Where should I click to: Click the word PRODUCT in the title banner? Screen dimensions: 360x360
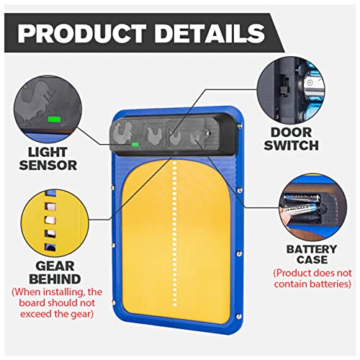(82, 33)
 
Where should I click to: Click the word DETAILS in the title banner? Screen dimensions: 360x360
(210, 33)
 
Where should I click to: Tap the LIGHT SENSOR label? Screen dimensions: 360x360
(48, 158)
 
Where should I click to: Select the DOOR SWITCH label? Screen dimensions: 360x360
(291, 139)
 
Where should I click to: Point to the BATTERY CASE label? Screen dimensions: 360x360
(312, 254)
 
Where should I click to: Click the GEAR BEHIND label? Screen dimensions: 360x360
(55, 272)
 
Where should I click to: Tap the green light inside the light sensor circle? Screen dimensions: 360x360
(54, 120)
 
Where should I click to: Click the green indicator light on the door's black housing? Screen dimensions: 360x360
(135, 145)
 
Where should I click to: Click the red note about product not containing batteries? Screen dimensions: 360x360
(312, 279)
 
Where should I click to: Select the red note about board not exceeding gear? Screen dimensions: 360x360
(57, 303)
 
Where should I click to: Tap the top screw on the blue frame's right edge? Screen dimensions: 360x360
(239, 125)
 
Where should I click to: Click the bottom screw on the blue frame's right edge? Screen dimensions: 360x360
(238, 316)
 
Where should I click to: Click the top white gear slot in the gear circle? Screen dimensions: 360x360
(51, 207)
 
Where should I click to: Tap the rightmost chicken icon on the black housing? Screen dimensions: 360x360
(195, 138)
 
